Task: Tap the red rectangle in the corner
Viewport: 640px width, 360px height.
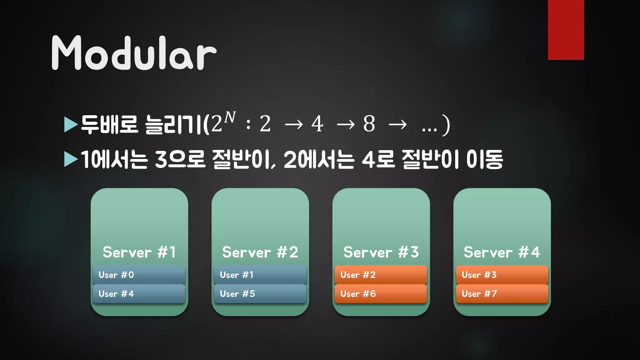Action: [566, 30]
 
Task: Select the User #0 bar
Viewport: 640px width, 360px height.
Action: [139, 275]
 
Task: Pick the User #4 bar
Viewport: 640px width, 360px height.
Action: [139, 294]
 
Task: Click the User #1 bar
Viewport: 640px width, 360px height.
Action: [260, 275]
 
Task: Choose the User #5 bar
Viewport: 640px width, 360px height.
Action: [260, 294]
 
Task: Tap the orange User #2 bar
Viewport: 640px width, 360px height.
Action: [381, 275]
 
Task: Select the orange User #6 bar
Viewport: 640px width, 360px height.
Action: [381, 294]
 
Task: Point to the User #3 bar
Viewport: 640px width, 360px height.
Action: [502, 275]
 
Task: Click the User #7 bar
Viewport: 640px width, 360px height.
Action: [502, 294]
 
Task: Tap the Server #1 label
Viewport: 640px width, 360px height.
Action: [139, 252]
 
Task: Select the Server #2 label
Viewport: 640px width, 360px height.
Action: [260, 252]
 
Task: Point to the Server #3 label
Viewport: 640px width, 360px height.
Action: [381, 252]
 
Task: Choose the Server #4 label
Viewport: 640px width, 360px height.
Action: [502, 252]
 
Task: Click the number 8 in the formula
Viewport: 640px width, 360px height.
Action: [369, 124]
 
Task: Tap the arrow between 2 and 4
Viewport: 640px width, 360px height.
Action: [294, 125]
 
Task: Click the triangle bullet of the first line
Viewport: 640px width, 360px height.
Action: [71, 124]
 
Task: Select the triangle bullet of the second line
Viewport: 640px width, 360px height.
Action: [71, 159]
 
